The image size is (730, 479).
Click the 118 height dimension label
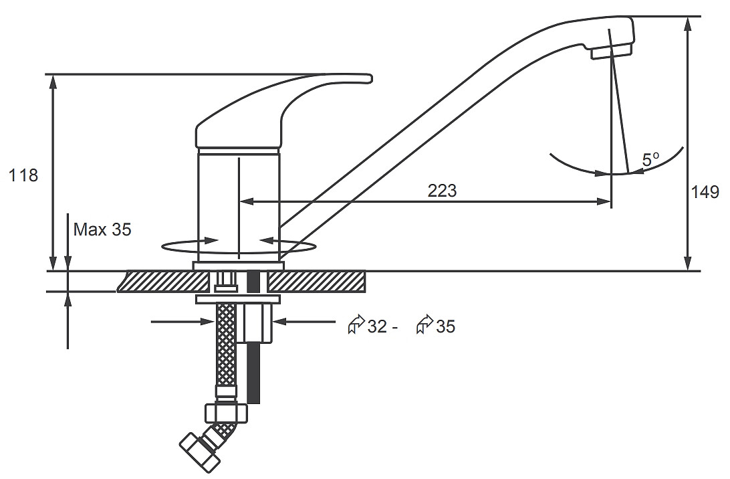point(23,176)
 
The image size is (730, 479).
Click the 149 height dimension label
point(705,192)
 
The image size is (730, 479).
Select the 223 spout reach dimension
point(442,191)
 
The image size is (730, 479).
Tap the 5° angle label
point(651,160)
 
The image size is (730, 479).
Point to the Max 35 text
point(102,229)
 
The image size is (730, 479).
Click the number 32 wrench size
point(378,326)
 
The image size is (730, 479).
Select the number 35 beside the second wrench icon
point(445,326)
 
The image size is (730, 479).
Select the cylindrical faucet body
point(239,205)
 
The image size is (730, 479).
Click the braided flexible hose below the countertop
point(226,349)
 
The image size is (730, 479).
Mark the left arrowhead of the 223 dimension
point(245,201)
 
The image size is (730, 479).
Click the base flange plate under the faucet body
point(239,266)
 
